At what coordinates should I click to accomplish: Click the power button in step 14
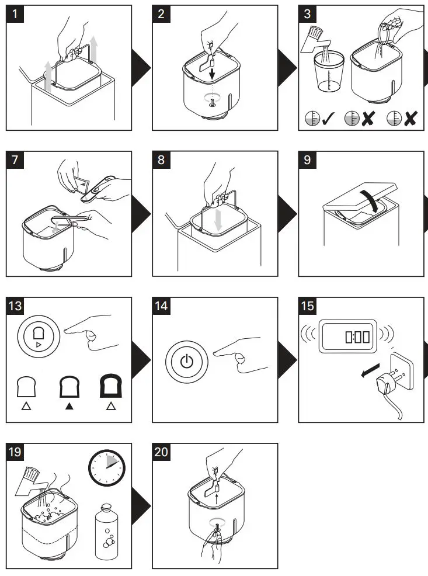pyautogui.click(x=186, y=360)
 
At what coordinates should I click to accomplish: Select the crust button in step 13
pyautogui.click(x=38, y=337)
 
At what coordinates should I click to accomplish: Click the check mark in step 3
pyautogui.click(x=328, y=119)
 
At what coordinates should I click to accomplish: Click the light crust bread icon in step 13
pyautogui.click(x=26, y=386)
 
